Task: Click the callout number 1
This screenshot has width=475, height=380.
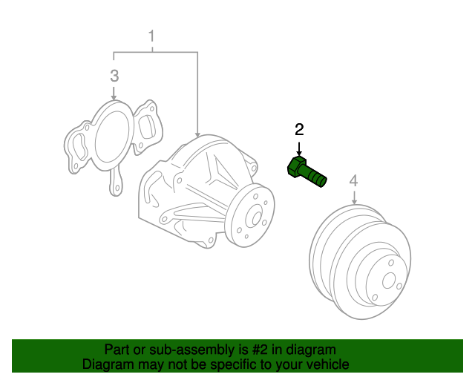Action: (152, 36)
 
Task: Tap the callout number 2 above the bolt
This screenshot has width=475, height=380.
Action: (299, 130)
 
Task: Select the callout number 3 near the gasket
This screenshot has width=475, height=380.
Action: (114, 75)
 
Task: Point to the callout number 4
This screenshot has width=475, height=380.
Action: (354, 180)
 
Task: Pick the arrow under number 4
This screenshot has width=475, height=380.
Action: (354, 197)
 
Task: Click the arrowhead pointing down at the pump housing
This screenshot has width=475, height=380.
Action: (198, 130)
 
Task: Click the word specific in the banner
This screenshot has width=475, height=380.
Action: (231, 364)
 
